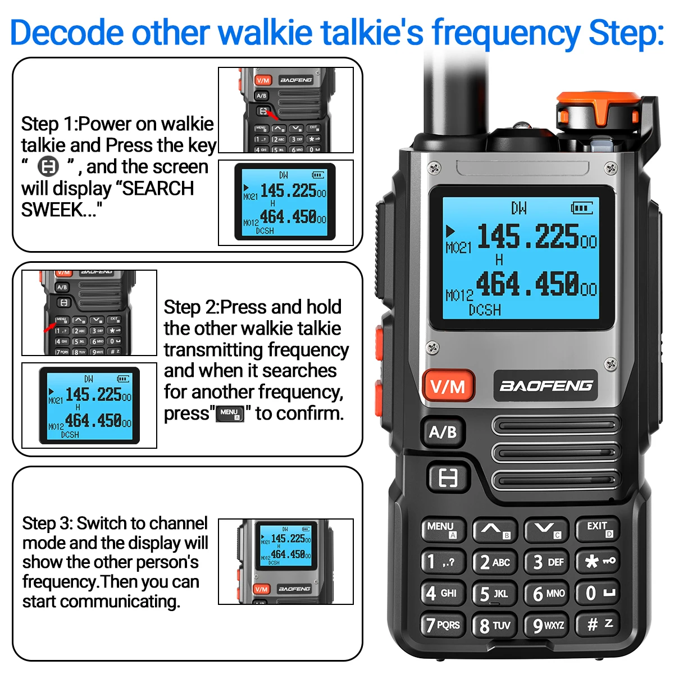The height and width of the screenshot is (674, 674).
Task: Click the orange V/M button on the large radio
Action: click(x=448, y=385)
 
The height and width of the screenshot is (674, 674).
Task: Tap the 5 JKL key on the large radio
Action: click(x=494, y=594)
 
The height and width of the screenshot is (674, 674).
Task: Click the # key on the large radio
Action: click(x=598, y=625)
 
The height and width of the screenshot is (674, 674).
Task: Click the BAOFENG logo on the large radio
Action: click(x=545, y=385)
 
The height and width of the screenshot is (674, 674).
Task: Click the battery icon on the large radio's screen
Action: click(x=582, y=208)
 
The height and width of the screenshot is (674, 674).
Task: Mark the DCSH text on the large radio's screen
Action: click(x=485, y=310)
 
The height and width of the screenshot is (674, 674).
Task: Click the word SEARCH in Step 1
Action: click(x=158, y=188)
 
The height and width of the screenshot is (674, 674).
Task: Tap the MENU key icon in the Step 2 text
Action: click(x=230, y=414)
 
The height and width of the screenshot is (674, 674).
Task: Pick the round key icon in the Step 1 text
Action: click(x=48, y=166)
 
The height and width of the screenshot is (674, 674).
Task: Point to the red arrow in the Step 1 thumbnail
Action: click(x=272, y=113)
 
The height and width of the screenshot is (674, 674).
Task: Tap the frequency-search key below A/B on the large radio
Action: click(x=448, y=478)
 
